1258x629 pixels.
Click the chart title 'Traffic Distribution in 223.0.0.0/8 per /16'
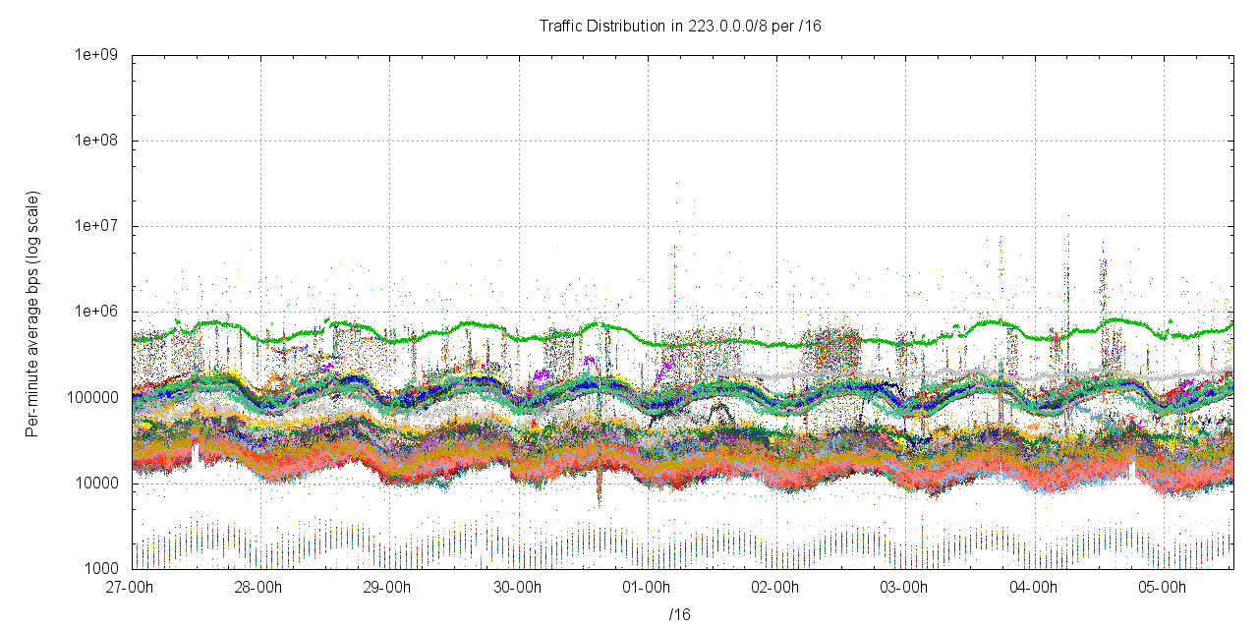pyautogui.click(x=680, y=26)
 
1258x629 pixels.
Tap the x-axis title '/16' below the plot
pyautogui.click(x=680, y=615)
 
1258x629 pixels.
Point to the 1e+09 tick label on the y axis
pyautogui.click(x=97, y=55)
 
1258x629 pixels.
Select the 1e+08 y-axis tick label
pyautogui.click(x=97, y=141)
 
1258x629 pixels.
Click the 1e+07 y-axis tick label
pyautogui.click(x=97, y=226)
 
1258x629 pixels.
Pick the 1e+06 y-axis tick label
pyautogui.click(x=97, y=312)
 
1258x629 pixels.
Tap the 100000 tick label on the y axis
pyautogui.click(x=97, y=397)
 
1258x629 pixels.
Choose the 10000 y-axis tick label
pyautogui.click(x=100, y=484)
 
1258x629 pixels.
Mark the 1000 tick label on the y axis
pyautogui.click(x=103, y=569)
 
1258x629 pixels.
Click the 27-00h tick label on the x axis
pyautogui.click(x=131, y=588)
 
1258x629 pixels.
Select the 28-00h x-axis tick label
pyautogui.click(x=259, y=588)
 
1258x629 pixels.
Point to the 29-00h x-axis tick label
pyautogui.click(x=389, y=588)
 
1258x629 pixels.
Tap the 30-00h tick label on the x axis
pyautogui.click(x=518, y=588)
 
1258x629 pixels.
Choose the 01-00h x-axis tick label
pyautogui.click(x=648, y=588)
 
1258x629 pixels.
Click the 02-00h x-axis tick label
pyautogui.click(x=776, y=588)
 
